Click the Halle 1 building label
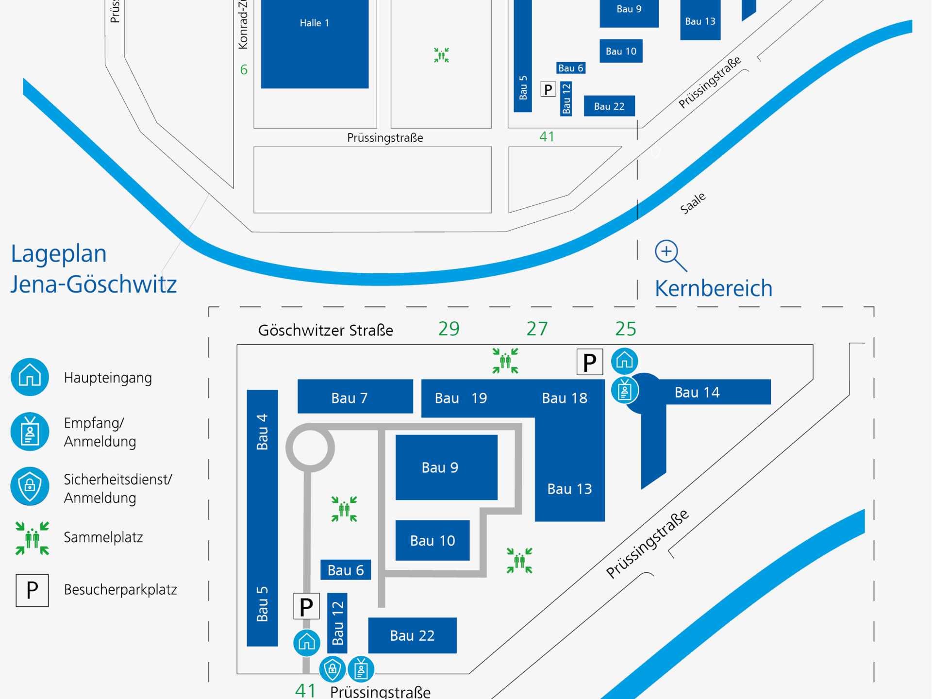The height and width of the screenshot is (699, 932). tap(314, 23)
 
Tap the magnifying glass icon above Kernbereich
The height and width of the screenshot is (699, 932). tap(670, 255)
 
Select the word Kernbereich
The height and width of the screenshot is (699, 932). tap(713, 288)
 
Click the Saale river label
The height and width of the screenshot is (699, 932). tap(693, 203)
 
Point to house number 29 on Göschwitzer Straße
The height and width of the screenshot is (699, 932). tap(449, 329)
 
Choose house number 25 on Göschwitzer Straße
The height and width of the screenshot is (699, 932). tap(625, 329)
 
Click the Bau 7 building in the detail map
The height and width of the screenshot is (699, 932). tap(355, 397)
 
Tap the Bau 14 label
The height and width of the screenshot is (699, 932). tap(697, 392)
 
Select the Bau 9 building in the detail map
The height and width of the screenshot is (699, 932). tap(446, 467)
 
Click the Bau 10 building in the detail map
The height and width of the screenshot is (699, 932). tap(432, 540)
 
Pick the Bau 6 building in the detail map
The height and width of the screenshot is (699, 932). tap(346, 570)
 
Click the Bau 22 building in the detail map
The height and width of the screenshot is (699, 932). tap(412, 635)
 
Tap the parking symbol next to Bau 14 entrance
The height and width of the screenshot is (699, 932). tap(589, 362)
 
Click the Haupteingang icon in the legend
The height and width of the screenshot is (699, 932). tap(30, 377)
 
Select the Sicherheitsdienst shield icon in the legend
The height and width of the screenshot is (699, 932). tap(30, 486)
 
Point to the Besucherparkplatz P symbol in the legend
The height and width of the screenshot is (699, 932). tap(32, 590)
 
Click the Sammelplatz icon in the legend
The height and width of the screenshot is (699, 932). tap(32, 538)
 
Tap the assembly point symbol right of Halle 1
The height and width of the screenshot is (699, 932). tap(441, 55)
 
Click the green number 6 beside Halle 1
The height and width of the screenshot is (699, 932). tap(244, 70)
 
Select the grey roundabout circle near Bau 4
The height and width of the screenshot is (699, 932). tap(310, 448)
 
